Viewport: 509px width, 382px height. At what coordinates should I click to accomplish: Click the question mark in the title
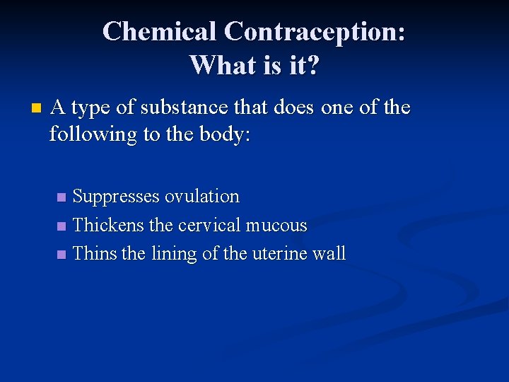[x=313, y=65]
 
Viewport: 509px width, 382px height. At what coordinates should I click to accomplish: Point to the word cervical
[x=209, y=225]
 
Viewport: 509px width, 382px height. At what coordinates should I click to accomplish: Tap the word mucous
[x=276, y=225]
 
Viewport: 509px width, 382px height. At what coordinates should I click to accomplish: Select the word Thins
[x=95, y=253]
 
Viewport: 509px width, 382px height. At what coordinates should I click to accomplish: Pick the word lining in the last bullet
[x=174, y=253]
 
